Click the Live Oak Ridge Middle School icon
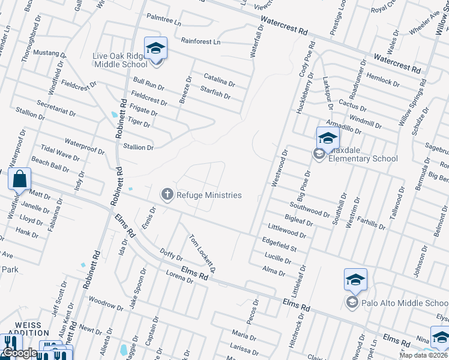(155, 48)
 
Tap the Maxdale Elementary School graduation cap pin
(328, 138)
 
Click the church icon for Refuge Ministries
(166, 194)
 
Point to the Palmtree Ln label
(163, 20)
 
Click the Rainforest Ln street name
(200, 42)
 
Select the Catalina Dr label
(219, 79)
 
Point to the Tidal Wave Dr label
(60, 152)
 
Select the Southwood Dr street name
(310, 211)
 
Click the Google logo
(19, 353)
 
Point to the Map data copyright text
(424, 355)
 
